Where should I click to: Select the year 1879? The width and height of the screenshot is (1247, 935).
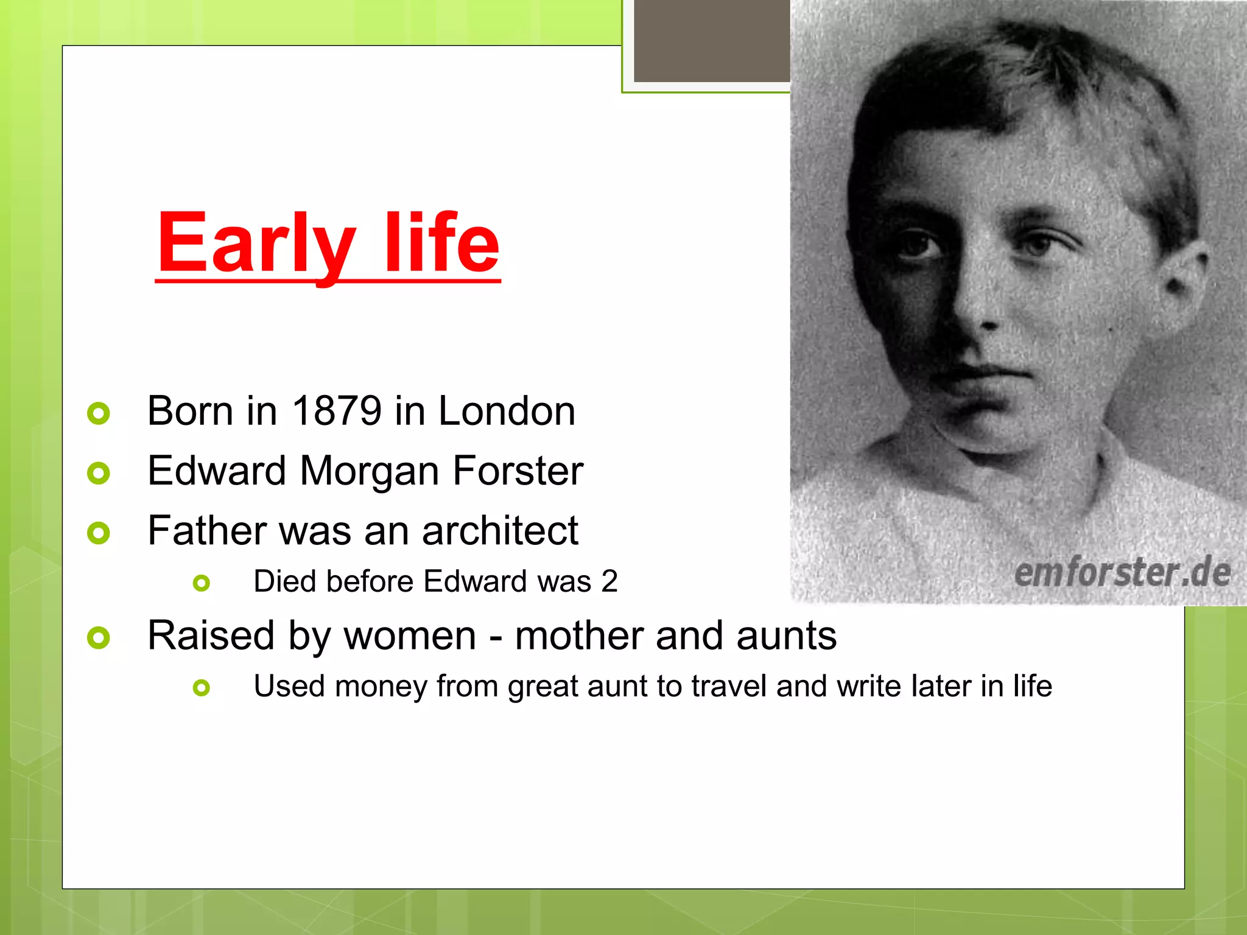tap(337, 411)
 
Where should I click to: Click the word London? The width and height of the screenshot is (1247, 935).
tap(507, 411)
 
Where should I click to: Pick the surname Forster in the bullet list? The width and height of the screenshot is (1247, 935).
tap(518, 471)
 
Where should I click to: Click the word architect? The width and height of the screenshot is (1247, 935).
tap(500, 531)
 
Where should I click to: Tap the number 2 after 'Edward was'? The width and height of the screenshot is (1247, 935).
tap(609, 581)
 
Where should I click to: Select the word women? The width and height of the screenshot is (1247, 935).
tap(409, 636)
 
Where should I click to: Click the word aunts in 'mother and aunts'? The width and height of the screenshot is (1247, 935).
tap(786, 636)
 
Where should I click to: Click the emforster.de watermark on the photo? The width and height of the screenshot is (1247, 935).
tap(1122, 573)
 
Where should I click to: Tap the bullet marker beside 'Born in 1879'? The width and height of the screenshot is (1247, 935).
tap(99, 413)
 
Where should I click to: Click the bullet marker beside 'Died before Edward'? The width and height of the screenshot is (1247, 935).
tap(201, 583)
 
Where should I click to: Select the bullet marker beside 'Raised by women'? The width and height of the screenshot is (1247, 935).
tap(99, 638)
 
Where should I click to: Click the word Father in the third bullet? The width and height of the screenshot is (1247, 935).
tap(206, 531)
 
